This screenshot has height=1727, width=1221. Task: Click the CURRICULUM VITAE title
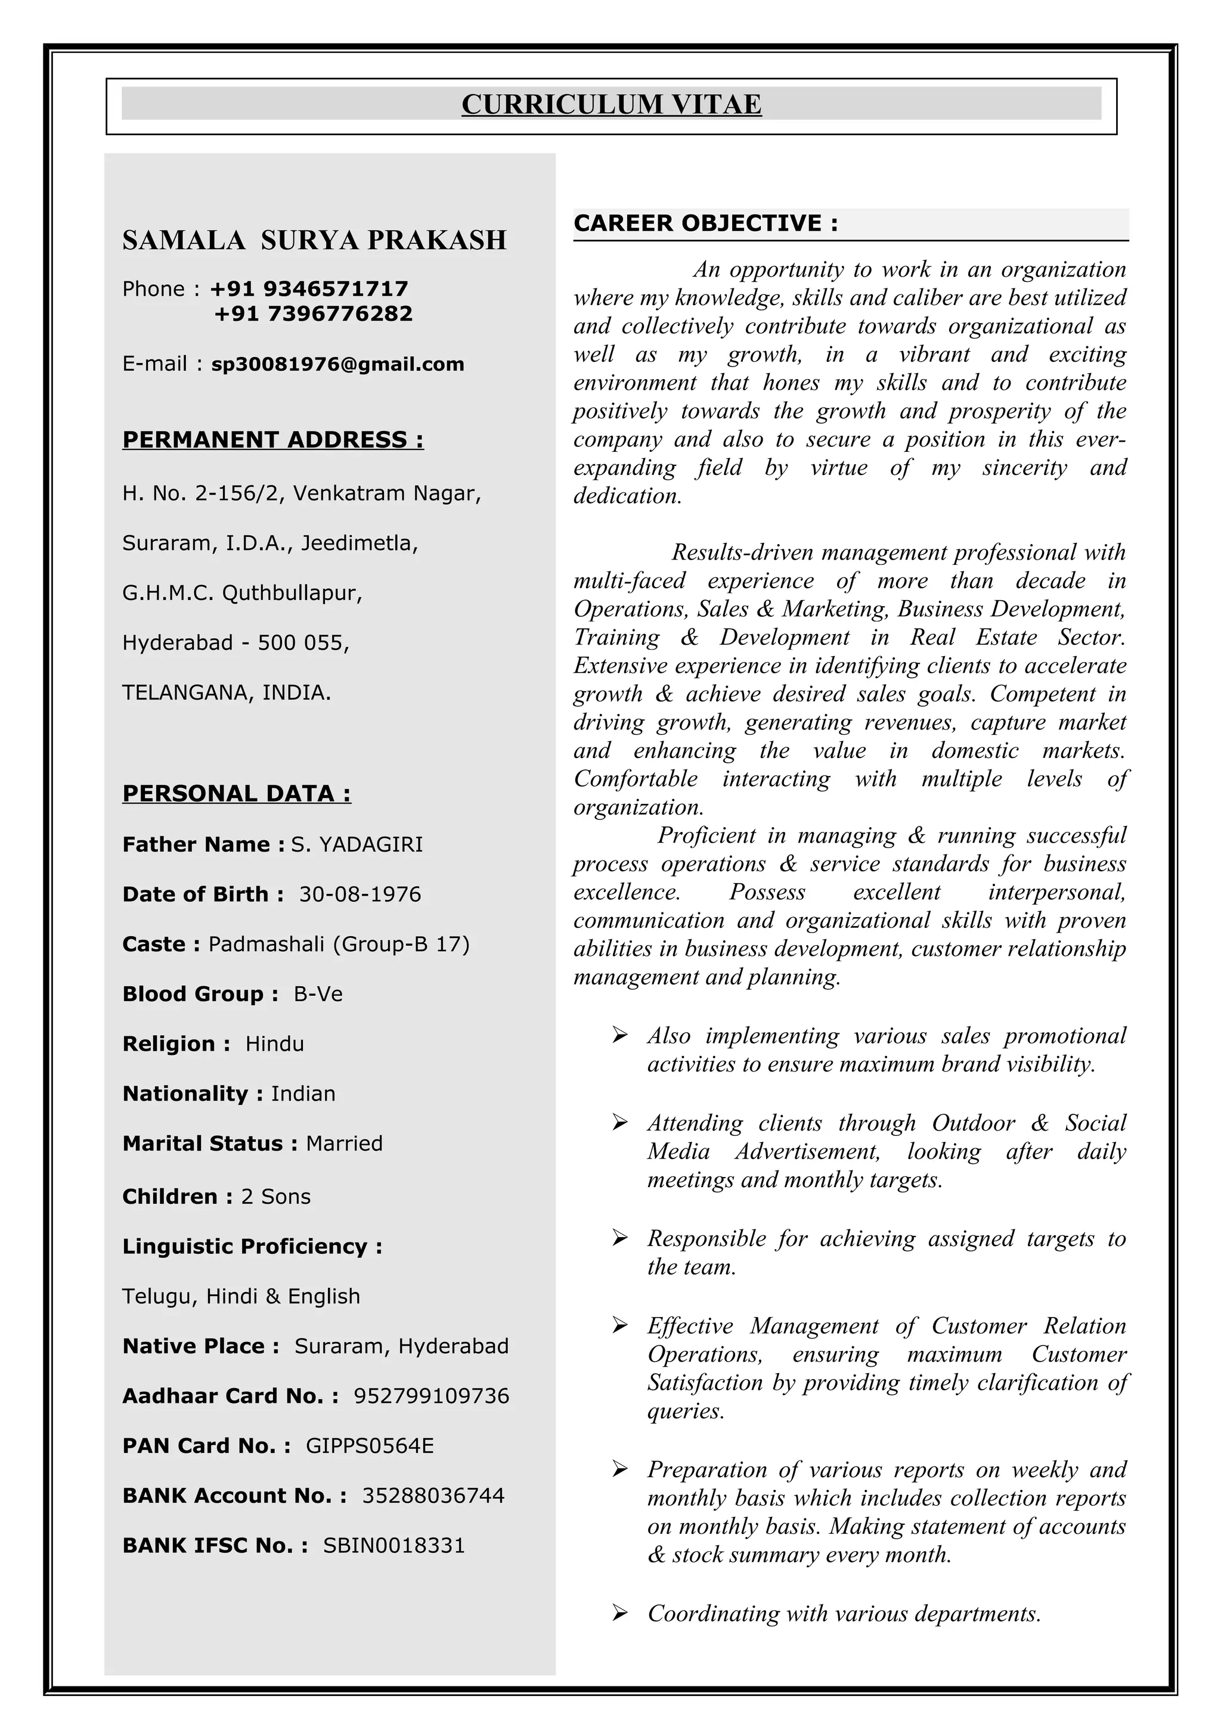tap(611, 104)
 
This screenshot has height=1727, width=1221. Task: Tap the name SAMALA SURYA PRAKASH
tap(314, 240)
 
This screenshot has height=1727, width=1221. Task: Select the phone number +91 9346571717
tap(309, 289)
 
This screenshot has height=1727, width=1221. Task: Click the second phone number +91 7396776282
tap(313, 313)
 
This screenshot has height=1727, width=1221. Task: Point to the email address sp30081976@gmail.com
tap(338, 364)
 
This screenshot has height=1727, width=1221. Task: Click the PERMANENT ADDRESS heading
tap(273, 439)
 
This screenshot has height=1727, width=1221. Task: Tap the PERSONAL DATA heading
tap(236, 794)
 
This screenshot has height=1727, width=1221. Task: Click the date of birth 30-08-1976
tap(360, 894)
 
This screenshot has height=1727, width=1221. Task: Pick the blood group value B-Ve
tap(318, 995)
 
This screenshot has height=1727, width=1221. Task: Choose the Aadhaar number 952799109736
tap(431, 1397)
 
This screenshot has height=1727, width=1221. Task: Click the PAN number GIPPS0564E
tap(370, 1446)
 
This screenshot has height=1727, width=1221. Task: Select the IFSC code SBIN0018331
tap(393, 1546)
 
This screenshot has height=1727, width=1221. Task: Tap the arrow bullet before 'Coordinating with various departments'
tap(620, 1613)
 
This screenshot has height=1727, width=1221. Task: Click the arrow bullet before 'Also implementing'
tap(620, 1036)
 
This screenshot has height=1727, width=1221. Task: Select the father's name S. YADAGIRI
tap(357, 844)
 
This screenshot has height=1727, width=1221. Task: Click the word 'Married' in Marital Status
tap(344, 1144)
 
